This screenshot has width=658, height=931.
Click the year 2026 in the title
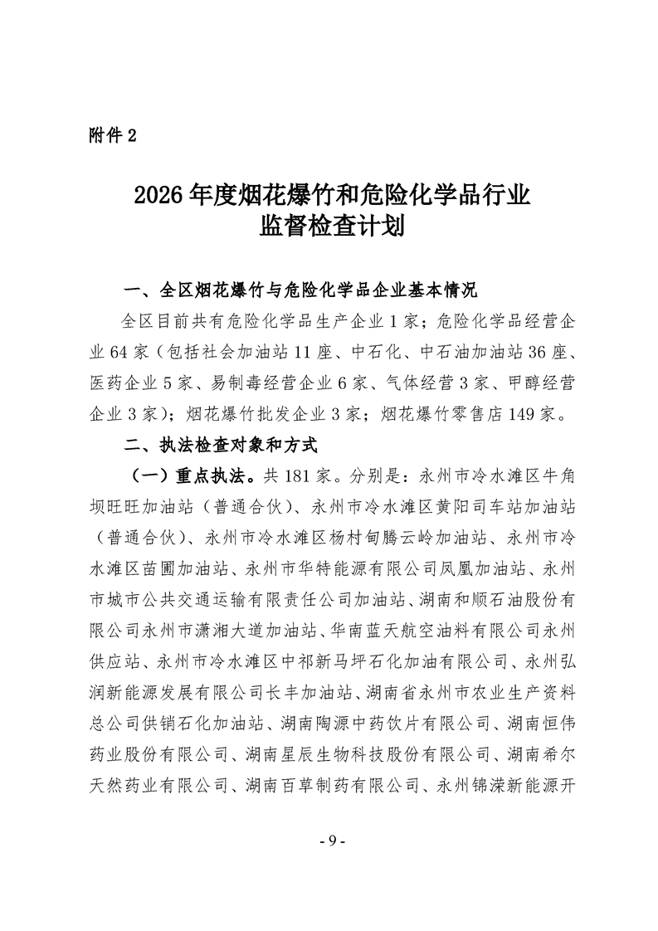158,196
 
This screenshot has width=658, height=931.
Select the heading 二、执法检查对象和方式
221,445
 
